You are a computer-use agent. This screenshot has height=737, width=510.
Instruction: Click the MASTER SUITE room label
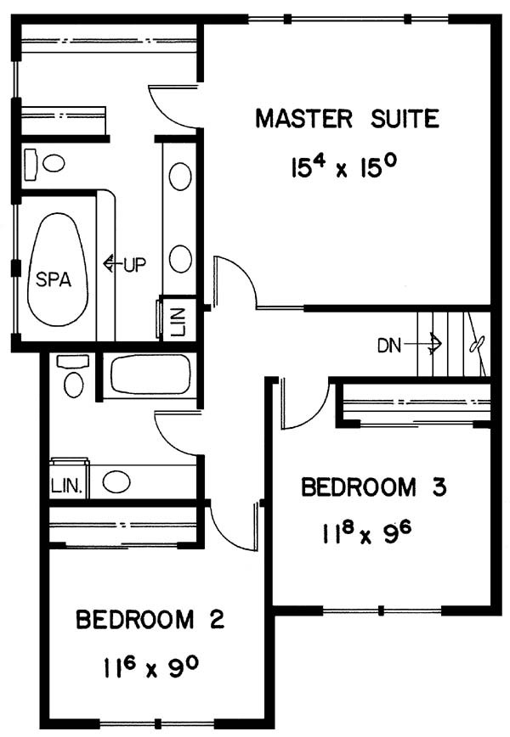pyautogui.click(x=347, y=119)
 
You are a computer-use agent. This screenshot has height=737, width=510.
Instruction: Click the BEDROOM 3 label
pyautogui.click(x=373, y=487)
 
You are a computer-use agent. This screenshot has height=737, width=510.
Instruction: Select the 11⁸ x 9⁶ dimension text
pyautogui.click(x=367, y=533)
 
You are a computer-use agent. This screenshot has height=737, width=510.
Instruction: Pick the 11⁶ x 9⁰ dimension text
pyautogui.click(x=150, y=667)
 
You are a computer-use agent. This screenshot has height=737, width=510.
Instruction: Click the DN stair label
pyautogui.click(x=389, y=346)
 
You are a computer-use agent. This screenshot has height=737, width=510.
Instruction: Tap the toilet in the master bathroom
pyautogui.click(x=44, y=164)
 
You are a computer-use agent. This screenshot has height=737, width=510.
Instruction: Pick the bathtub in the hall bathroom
pyautogui.click(x=150, y=374)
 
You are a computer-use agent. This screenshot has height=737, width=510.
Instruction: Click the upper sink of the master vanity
pyautogui.click(x=179, y=177)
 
